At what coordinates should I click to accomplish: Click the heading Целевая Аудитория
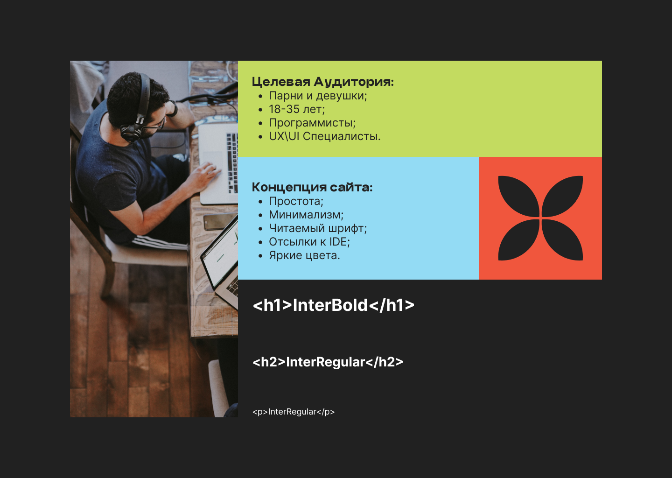click(322, 82)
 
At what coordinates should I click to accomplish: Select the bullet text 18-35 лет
click(297, 109)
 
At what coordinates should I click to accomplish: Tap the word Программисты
click(312, 123)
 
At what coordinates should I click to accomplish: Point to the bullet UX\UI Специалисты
click(325, 136)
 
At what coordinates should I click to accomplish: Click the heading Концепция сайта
click(312, 187)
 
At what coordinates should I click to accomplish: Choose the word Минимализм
click(306, 215)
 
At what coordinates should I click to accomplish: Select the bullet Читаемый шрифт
click(318, 228)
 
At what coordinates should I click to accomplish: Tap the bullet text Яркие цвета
click(304, 255)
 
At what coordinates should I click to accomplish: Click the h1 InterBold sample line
click(333, 305)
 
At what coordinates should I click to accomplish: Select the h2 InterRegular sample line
click(328, 362)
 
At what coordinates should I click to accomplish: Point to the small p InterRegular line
click(294, 412)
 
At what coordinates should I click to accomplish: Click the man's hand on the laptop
click(204, 177)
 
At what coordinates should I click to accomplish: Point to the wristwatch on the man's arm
click(173, 109)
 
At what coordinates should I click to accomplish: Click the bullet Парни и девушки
click(318, 96)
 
